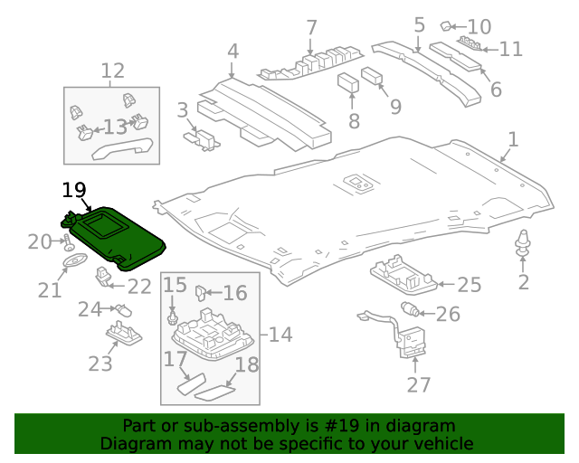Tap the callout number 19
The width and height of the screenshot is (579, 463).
click(x=73, y=190)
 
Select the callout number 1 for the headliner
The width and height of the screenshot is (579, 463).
click(x=513, y=139)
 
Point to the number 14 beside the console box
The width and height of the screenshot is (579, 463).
click(x=280, y=335)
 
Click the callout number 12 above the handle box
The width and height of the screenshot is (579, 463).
click(x=112, y=71)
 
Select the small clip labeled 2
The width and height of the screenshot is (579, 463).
click(x=523, y=242)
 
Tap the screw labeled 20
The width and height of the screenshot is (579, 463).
click(x=68, y=241)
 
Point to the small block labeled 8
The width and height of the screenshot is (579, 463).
click(x=349, y=83)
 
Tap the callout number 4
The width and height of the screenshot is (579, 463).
click(x=233, y=51)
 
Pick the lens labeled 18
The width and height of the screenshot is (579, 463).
click(x=215, y=393)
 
